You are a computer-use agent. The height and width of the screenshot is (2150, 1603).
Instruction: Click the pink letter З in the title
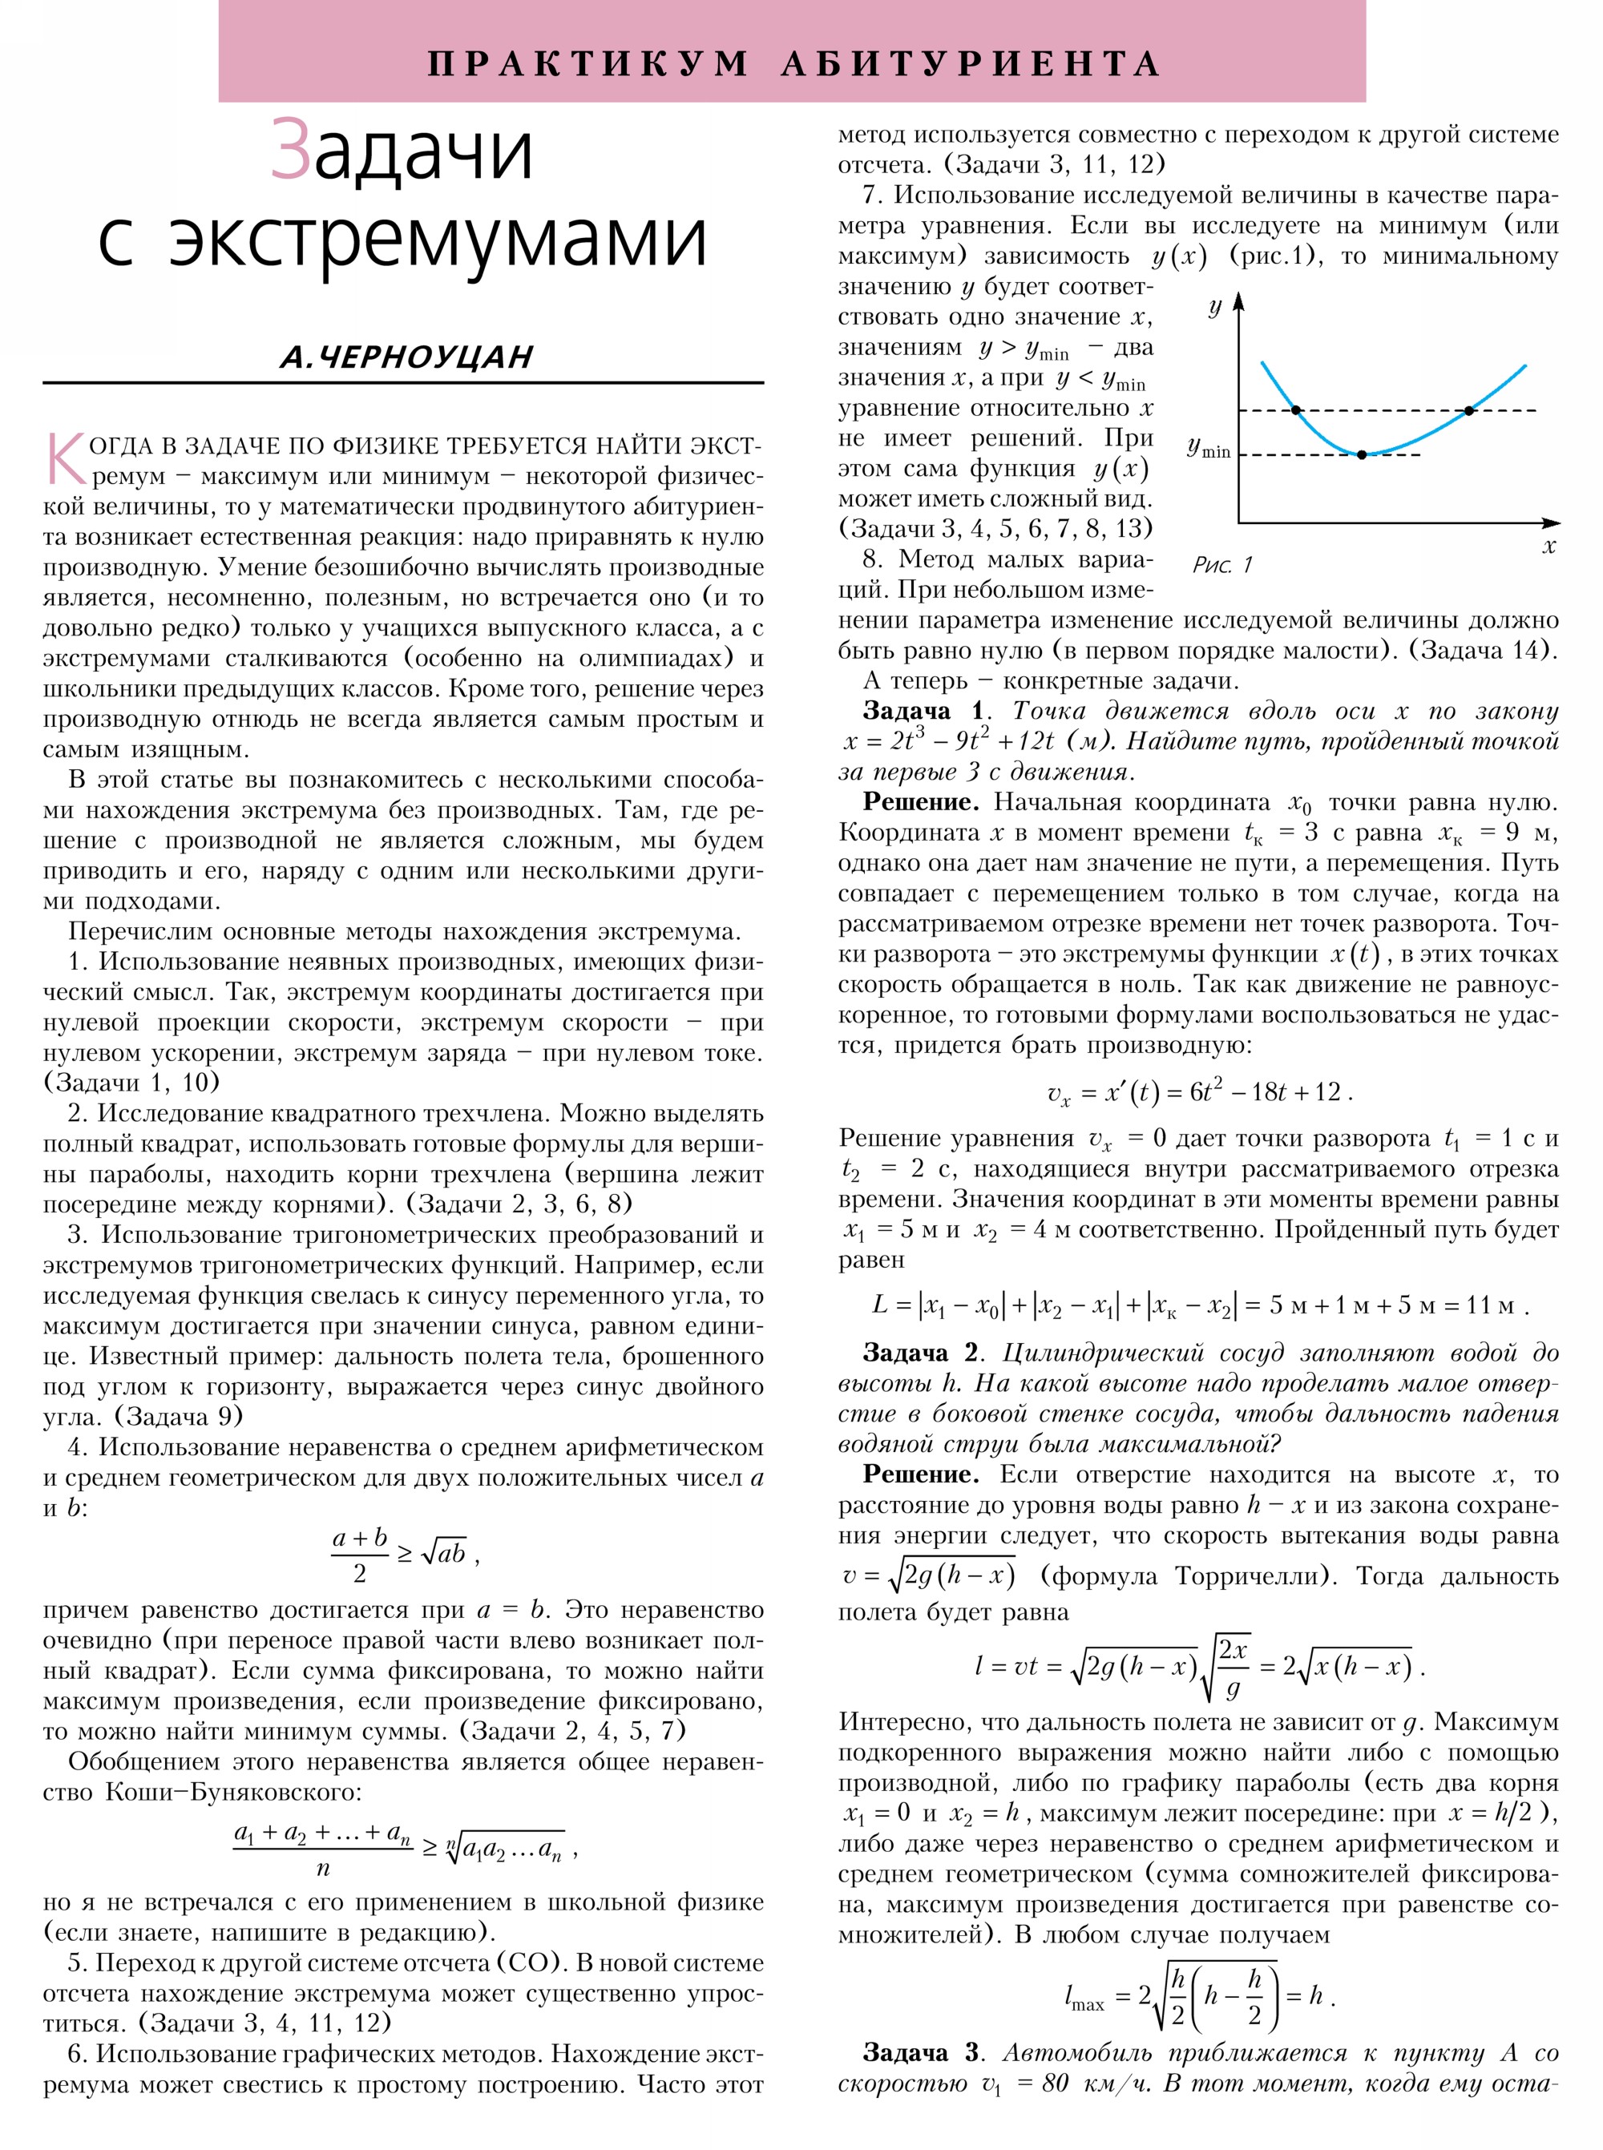(x=290, y=151)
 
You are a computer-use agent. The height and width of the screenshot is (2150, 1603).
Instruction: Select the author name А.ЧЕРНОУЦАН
(x=406, y=357)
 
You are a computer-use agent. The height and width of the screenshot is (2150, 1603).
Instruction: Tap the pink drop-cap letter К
(x=64, y=459)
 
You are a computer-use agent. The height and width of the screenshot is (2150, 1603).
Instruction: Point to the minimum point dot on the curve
(x=1362, y=454)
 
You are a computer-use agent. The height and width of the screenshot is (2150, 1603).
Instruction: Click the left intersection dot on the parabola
(x=1296, y=410)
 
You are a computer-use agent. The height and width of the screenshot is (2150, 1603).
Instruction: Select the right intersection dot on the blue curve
(x=1469, y=410)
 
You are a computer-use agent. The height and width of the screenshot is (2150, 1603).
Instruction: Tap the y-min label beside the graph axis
(x=1208, y=448)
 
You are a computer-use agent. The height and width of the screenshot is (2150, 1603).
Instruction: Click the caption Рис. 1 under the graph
(x=1222, y=565)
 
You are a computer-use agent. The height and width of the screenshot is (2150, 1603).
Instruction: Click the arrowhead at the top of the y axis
(x=1238, y=303)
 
